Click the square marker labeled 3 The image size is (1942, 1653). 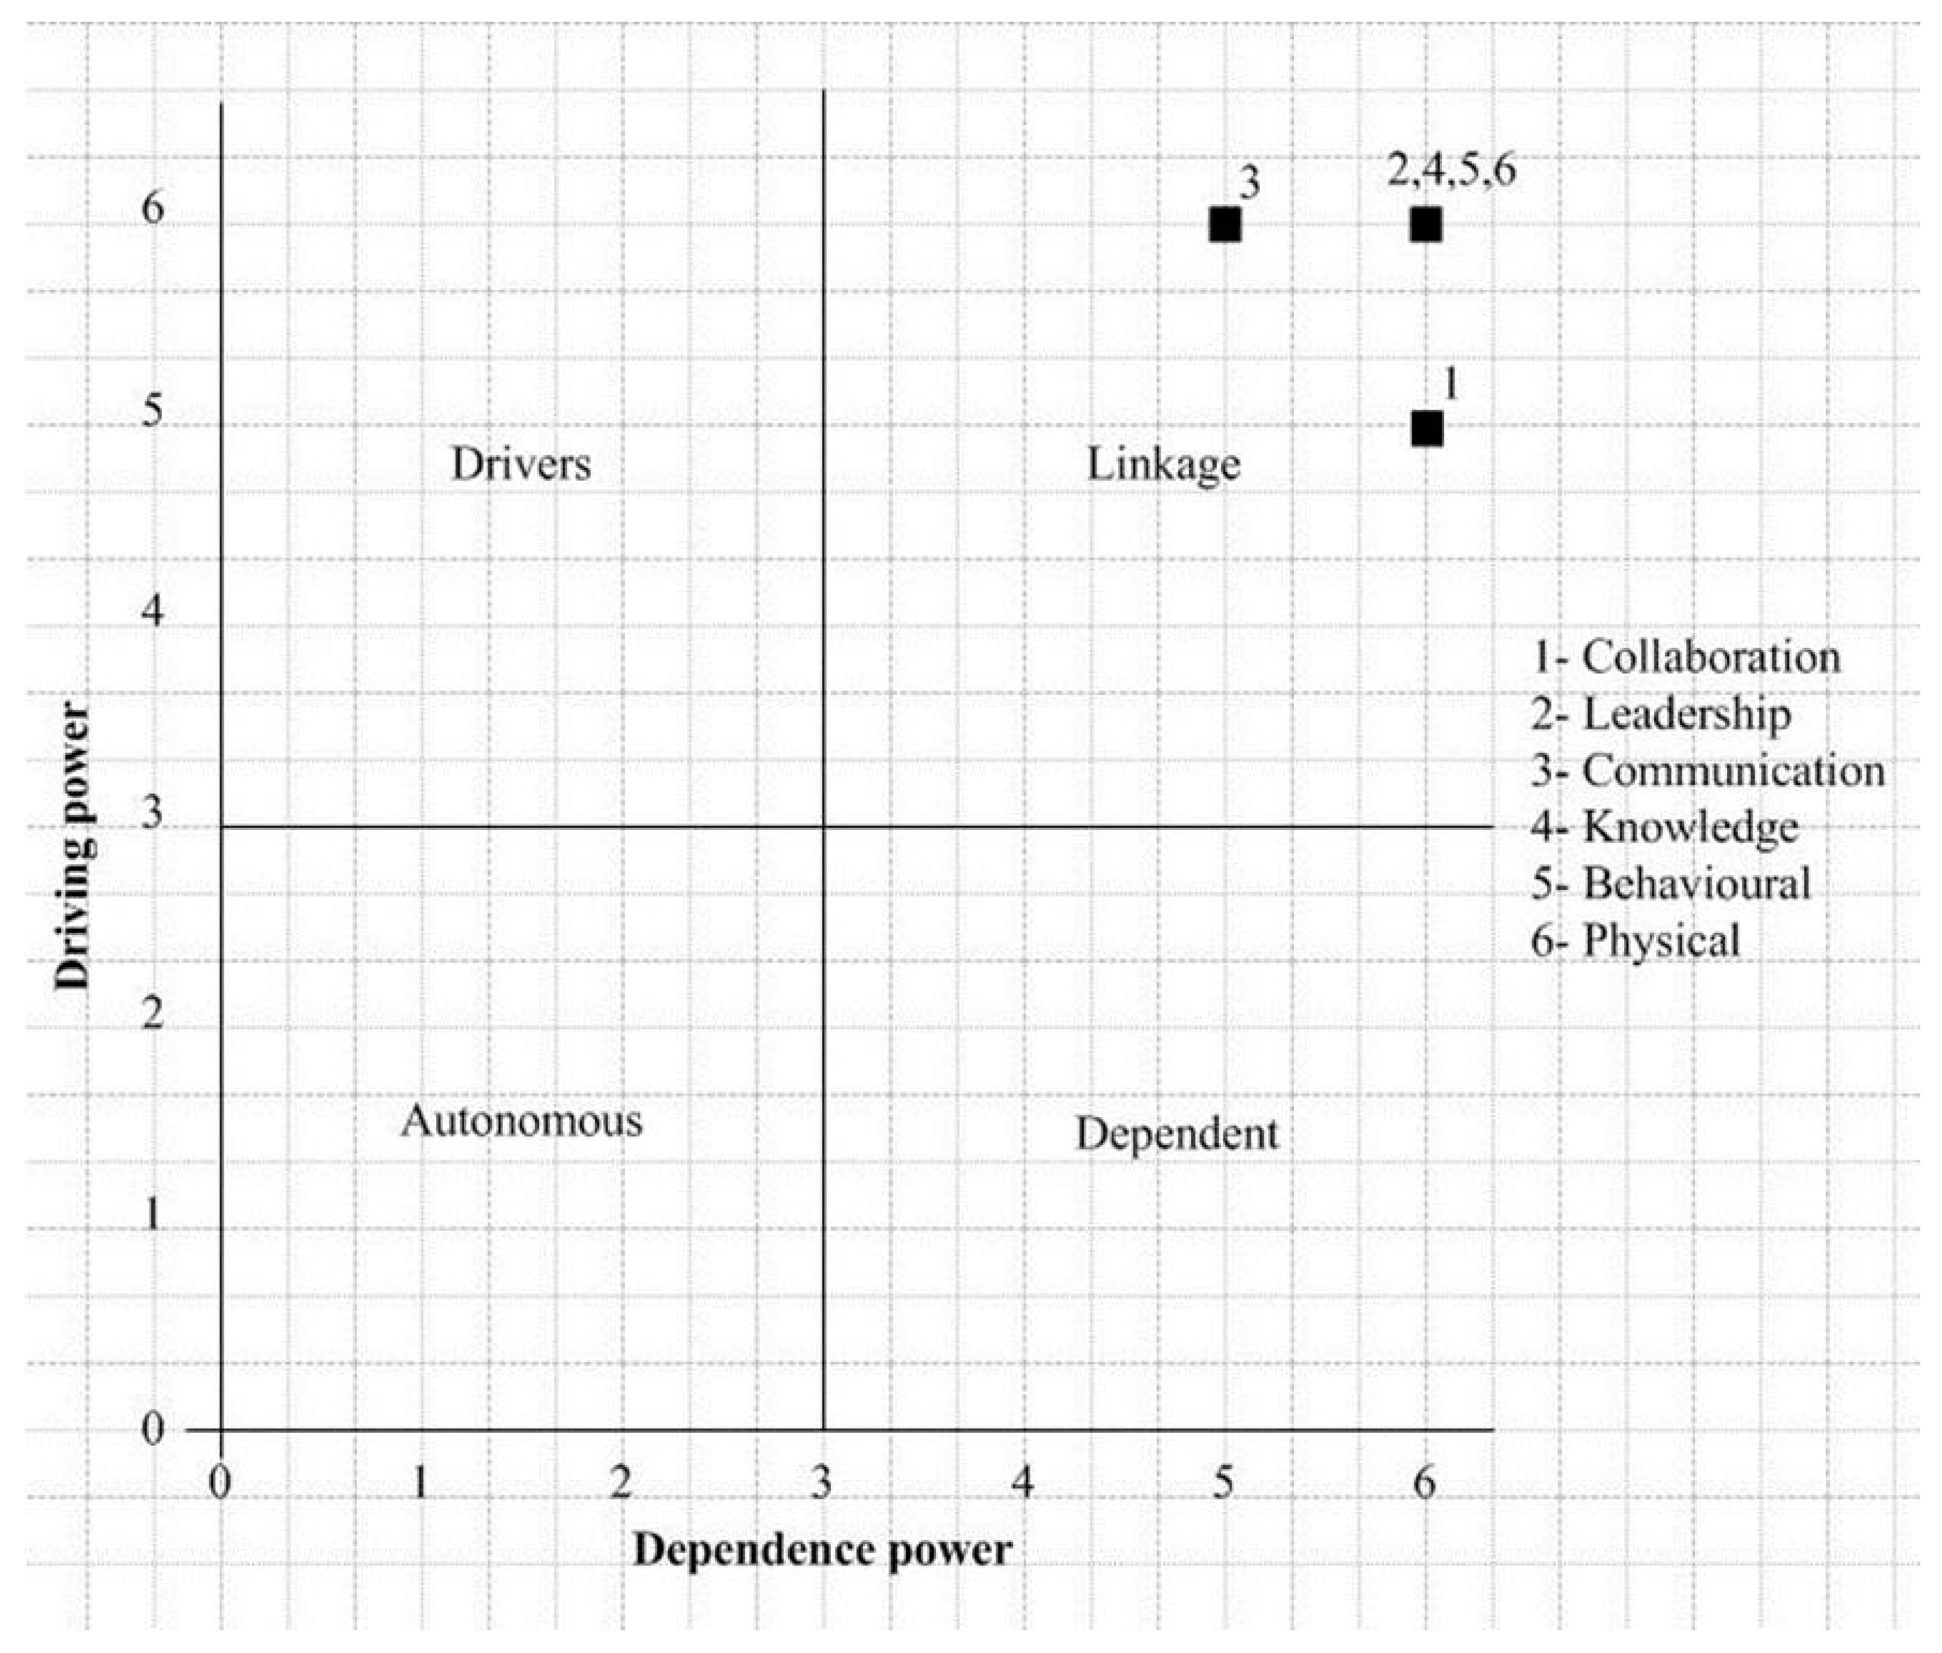[x=1225, y=225]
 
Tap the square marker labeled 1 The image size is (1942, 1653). [x=1426, y=428]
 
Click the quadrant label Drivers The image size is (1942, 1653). [x=521, y=464]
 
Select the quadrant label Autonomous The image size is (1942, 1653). [x=522, y=1120]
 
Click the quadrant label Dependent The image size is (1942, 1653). [x=1176, y=1135]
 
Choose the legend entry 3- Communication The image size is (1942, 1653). [x=1707, y=770]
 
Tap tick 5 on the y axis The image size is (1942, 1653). [x=152, y=411]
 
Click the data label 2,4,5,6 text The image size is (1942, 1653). [x=1451, y=172]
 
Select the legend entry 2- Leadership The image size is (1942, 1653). [x=1661, y=714]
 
